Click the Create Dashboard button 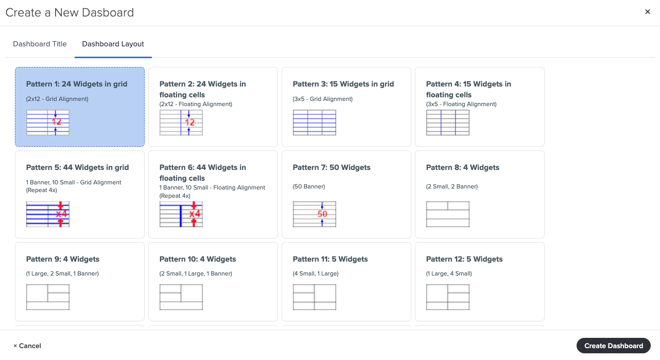[613, 346]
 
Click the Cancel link [27, 346]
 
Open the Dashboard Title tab [40, 44]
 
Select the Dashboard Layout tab [113, 44]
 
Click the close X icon [648, 12]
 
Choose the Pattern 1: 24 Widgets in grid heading [77, 84]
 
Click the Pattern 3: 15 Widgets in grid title [343, 84]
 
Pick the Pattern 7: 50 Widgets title [332, 167]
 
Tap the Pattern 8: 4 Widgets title [462, 167]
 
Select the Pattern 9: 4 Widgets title [63, 259]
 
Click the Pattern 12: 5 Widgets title [464, 259]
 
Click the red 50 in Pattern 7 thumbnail [323, 214]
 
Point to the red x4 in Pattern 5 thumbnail [62, 214]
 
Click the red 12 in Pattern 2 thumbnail [190, 123]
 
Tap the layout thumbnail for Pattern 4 [447, 123]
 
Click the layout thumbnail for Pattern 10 [181, 297]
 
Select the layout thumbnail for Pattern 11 [315, 297]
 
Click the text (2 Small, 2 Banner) [452, 186]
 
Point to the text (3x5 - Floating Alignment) [461, 104]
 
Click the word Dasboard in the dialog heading [109, 12]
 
